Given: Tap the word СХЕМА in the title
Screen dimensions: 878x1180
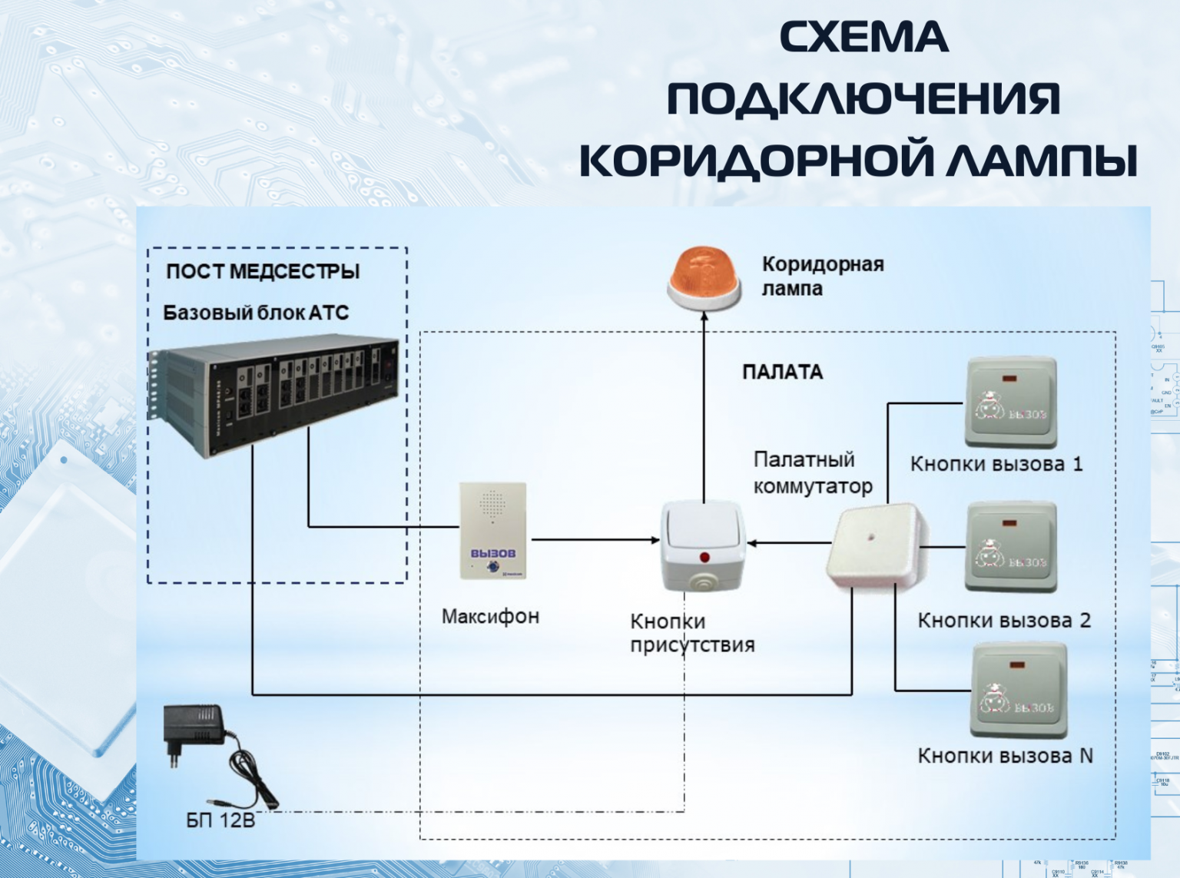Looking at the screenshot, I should [x=864, y=38].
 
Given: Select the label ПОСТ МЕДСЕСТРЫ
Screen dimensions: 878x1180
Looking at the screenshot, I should [x=263, y=271].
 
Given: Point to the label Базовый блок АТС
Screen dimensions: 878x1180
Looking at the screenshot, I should [x=256, y=313].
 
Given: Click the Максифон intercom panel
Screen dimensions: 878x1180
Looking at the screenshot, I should [x=492, y=530].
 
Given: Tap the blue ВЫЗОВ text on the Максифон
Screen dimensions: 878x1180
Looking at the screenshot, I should [x=492, y=553].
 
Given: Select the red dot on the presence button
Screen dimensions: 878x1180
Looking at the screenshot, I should [x=704, y=557].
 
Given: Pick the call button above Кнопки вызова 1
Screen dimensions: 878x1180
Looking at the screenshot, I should [x=1010, y=401].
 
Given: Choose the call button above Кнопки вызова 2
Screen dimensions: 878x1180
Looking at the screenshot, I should [x=1010, y=547].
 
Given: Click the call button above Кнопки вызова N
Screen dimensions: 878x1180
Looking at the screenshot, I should [x=1019, y=690].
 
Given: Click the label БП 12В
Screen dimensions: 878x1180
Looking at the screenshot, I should [x=220, y=820].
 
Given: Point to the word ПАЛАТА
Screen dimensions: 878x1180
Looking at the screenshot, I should [x=782, y=373].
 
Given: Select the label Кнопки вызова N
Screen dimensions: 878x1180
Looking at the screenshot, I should [x=1005, y=756].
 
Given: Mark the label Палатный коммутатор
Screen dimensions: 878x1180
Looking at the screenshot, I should [x=812, y=473].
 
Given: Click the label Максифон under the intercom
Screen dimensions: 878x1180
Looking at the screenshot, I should [x=490, y=616].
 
